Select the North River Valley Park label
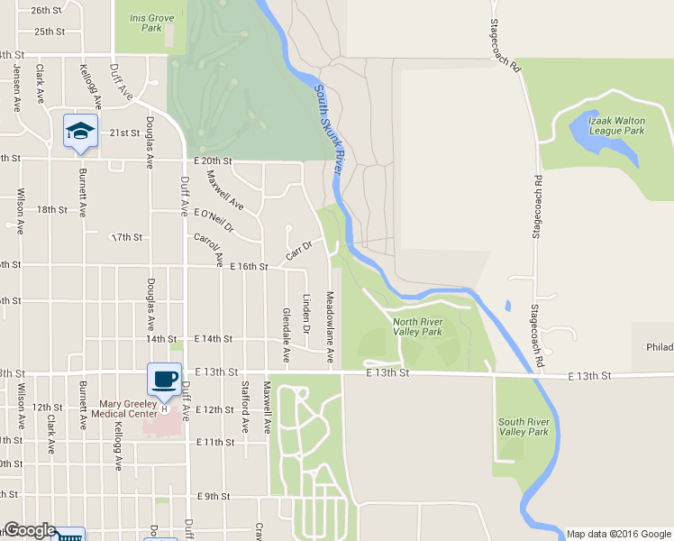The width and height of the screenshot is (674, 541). click(x=417, y=326)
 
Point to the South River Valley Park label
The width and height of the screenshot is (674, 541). click(x=524, y=426)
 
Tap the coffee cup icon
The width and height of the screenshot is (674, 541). click(x=164, y=380)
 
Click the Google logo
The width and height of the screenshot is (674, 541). click(x=30, y=530)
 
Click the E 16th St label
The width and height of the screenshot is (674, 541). click(x=249, y=267)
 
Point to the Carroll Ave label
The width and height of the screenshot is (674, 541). click(x=209, y=250)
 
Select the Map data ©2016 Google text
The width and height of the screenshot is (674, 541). click(x=618, y=533)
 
